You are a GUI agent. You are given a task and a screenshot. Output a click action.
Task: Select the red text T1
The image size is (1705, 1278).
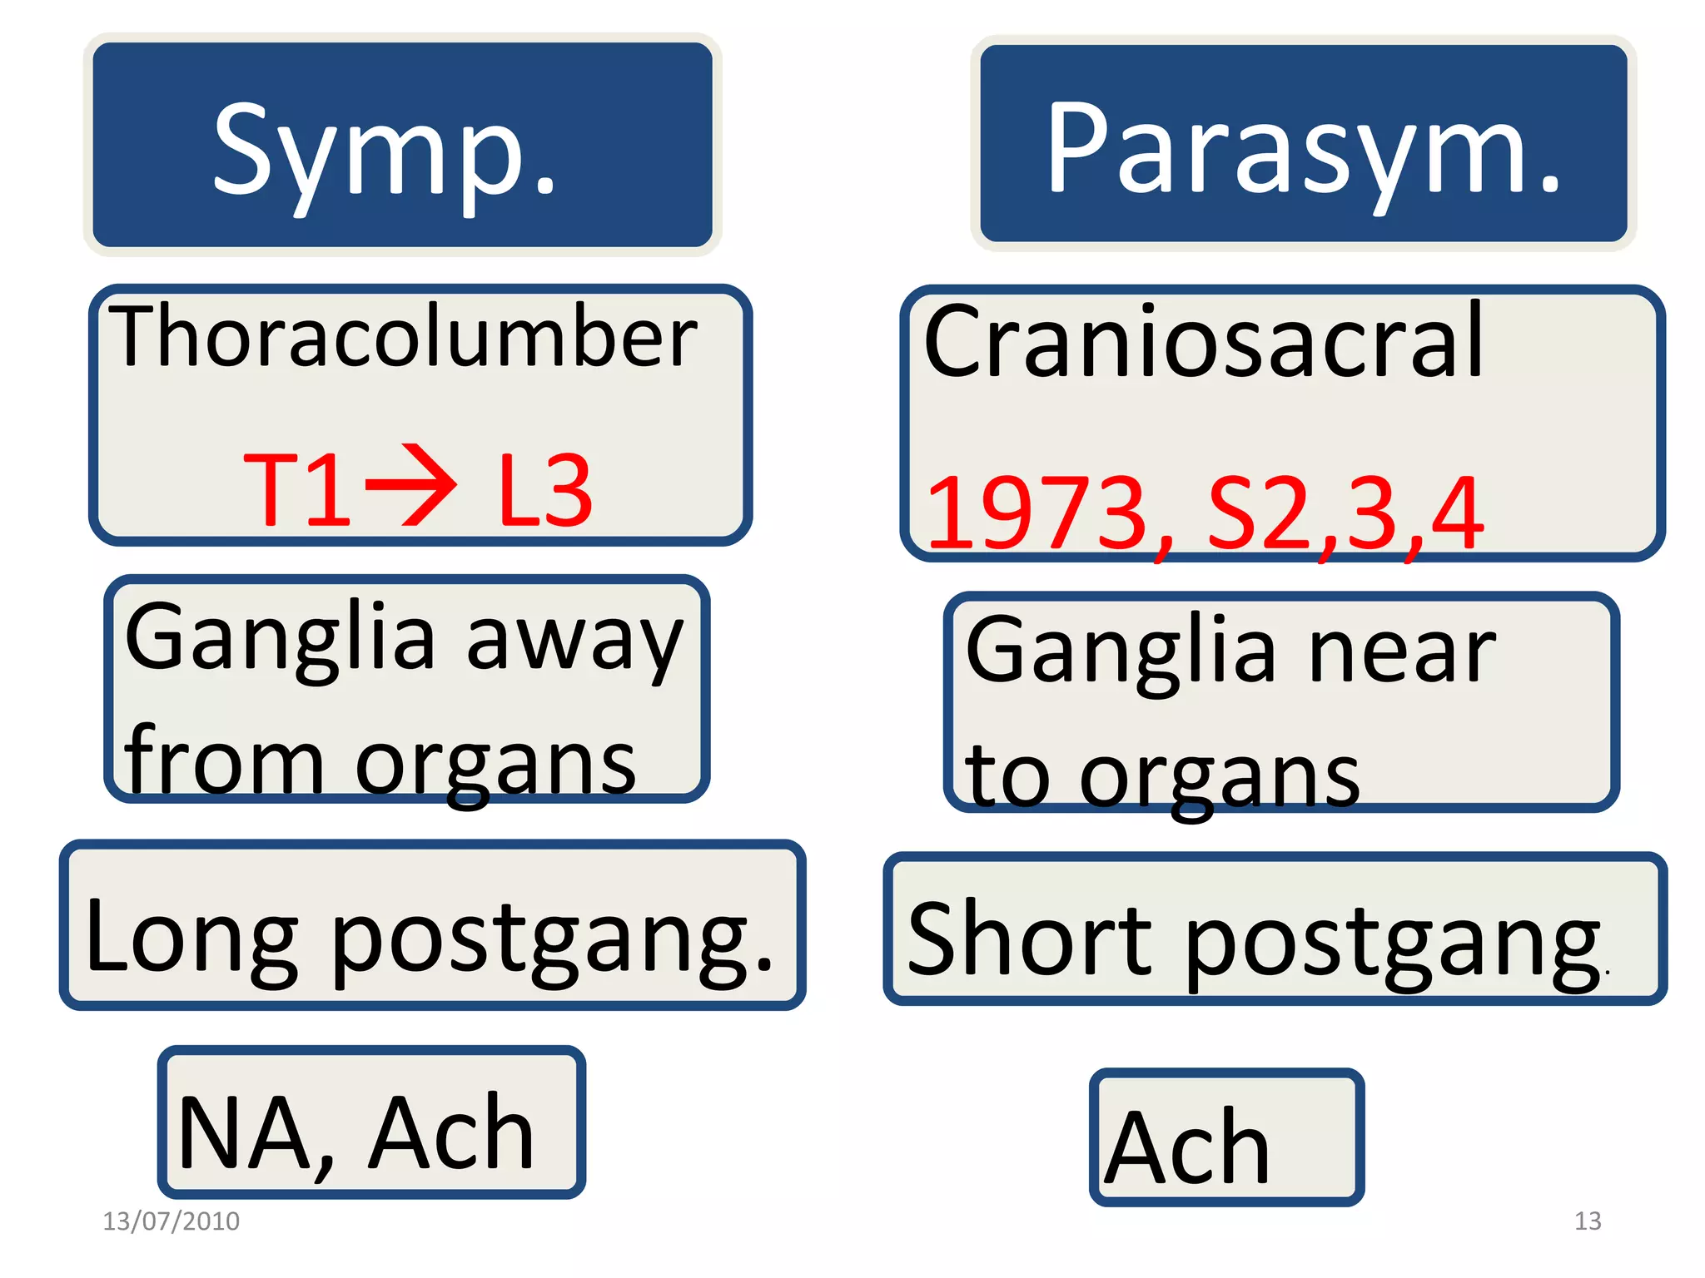click(297, 491)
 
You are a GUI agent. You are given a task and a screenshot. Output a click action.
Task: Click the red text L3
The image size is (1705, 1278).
click(545, 491)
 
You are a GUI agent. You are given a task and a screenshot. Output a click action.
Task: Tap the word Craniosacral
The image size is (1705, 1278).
click(1203, 341)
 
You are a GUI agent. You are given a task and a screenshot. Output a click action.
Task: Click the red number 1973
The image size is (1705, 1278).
click(1036, 513)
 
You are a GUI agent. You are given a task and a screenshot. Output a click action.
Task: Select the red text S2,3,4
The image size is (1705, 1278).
click(1345, 513)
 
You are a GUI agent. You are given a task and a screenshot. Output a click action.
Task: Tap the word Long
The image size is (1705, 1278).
click(191, 936)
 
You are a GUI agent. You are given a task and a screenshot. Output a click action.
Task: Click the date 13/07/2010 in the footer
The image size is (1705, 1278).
click(171, 1221)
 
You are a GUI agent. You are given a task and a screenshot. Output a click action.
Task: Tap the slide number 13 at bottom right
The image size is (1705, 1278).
click(1588, 1221)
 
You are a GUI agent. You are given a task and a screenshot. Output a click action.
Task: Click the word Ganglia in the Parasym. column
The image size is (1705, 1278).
click(1120, 653)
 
